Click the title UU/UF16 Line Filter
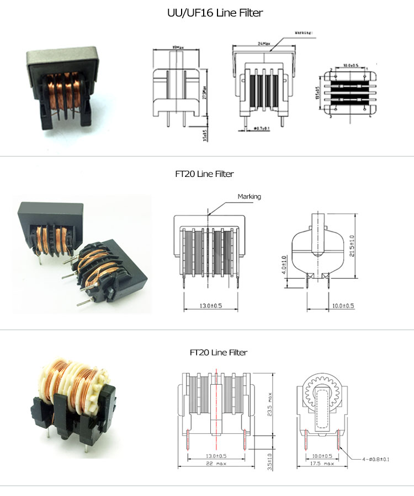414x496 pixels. pos(207,13)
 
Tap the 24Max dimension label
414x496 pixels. pos(259,44)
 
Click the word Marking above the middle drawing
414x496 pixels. pos(249,196)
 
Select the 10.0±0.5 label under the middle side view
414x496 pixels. pos(343,306)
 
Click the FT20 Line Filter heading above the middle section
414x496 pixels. pos(204,174)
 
